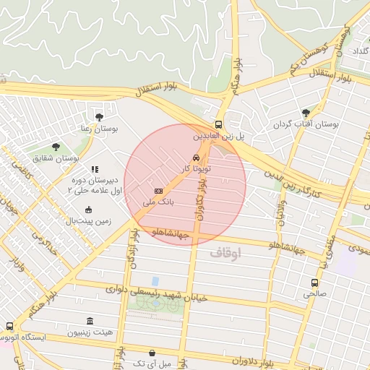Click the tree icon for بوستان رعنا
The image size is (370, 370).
[99, 116]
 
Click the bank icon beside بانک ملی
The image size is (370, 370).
[158, 189]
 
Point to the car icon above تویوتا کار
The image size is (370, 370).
[196, 158]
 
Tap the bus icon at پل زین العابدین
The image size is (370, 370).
[219, 124]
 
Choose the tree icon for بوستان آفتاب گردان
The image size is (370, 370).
[306, 113]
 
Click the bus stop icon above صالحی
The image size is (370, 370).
[314, 283]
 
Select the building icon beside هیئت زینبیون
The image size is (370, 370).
[90, 321]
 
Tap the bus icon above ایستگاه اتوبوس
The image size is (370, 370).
[9, 326]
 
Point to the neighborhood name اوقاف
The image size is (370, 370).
[226, 254]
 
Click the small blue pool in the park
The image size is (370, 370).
[155, 281]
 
